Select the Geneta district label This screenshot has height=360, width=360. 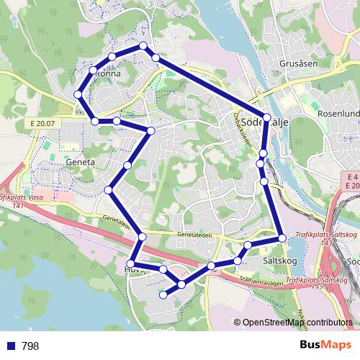tap(80, 162)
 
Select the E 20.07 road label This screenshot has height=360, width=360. tap(43, 124)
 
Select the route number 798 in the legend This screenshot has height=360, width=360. tap(30, 346)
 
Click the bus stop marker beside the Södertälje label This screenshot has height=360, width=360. tap(267, 117)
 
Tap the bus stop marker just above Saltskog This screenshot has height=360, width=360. tap(282, 238)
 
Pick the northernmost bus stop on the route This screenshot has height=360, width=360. tap(143, 46)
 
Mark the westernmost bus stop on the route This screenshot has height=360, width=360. tap(78, 94)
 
